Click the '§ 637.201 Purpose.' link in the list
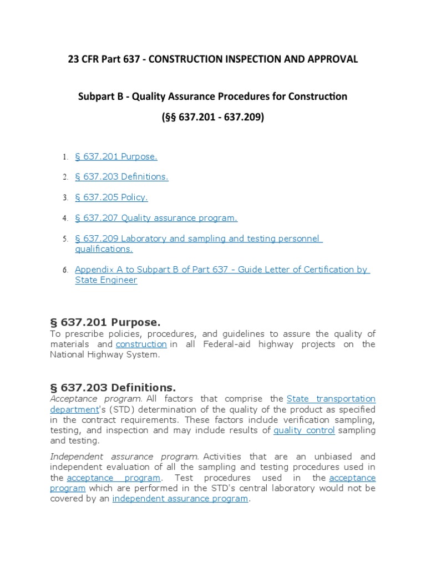tap(116, 156)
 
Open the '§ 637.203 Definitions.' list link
tap(121, 176)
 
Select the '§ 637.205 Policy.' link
tap(111, 197)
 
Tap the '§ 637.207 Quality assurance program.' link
tap(156, 218)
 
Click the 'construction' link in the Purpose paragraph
tap(141, 344)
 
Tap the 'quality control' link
tap(304, 430)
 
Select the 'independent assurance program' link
tap(180, 499)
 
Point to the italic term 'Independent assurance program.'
tap(124, 457)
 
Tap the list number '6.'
tap(64, 270)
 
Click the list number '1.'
tap(64, 157)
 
